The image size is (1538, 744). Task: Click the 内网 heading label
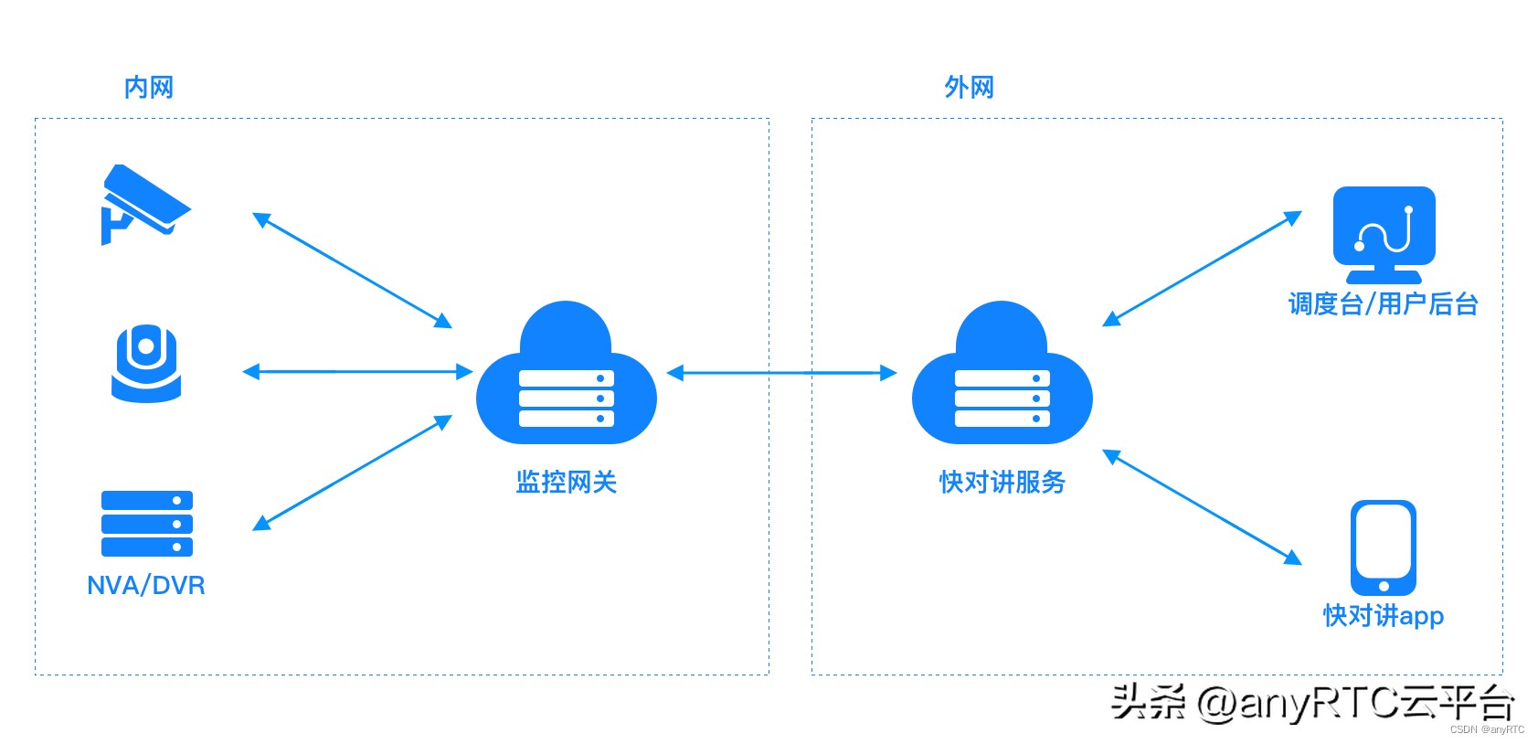pos(148,88)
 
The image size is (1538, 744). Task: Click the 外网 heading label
pos(969,88)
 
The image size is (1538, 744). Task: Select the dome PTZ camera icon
pos(146,363)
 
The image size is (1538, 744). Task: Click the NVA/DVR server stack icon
pos(146,524)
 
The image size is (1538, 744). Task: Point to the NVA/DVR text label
pos(146,585)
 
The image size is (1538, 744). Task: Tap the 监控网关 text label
pos(566,482)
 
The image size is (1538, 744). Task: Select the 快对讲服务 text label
pos(1002,482)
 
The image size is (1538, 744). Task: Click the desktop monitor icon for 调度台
pos(1384,233)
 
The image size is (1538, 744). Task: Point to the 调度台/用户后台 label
pos(1383,303)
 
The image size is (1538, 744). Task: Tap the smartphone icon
pos(1383,547)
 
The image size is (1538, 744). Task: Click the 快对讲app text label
pos(1383,615)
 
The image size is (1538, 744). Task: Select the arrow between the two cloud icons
pos(782,373)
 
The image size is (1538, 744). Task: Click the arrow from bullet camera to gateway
pos(352,271)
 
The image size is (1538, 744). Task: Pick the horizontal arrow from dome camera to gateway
pos(357,372)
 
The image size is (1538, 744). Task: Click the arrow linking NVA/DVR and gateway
pos(352,473)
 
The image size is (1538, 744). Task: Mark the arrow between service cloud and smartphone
pos(1202,506)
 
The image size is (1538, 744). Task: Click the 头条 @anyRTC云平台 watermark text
pos(1311,703)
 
